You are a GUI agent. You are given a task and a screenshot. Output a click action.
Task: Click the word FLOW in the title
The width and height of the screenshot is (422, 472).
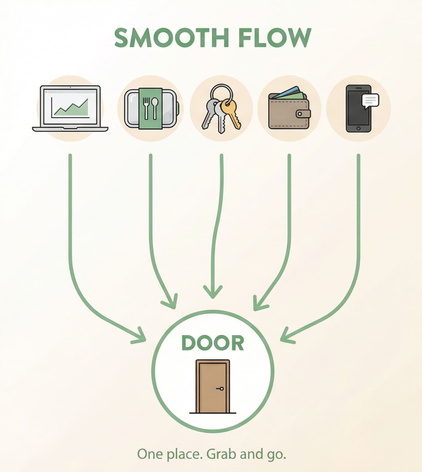click(x=275, y=37)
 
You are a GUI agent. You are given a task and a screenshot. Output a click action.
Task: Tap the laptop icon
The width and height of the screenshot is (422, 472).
click(x=70, y=108)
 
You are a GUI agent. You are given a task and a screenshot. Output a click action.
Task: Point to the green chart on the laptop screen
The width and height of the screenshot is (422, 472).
click(x=71, y=108)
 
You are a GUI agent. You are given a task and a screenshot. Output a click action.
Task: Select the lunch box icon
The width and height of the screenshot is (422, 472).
click(x=152, y=108)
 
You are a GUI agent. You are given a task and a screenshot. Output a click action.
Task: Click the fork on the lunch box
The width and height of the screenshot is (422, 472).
click(x=146, y=108)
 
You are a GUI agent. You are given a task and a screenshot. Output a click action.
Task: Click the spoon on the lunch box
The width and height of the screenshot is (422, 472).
click(x=155, y=108)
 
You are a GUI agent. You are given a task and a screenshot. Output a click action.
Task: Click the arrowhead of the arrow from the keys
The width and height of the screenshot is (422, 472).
click(x=213, y=292)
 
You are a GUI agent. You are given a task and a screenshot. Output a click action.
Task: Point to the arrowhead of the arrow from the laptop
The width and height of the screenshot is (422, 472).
click(x=139, y=336)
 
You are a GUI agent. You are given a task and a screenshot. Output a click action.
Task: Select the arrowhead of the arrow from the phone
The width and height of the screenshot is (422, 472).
click(x=287, y=336)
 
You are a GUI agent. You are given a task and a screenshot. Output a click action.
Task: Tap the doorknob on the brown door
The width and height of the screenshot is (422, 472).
click(x=221, y=389)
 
